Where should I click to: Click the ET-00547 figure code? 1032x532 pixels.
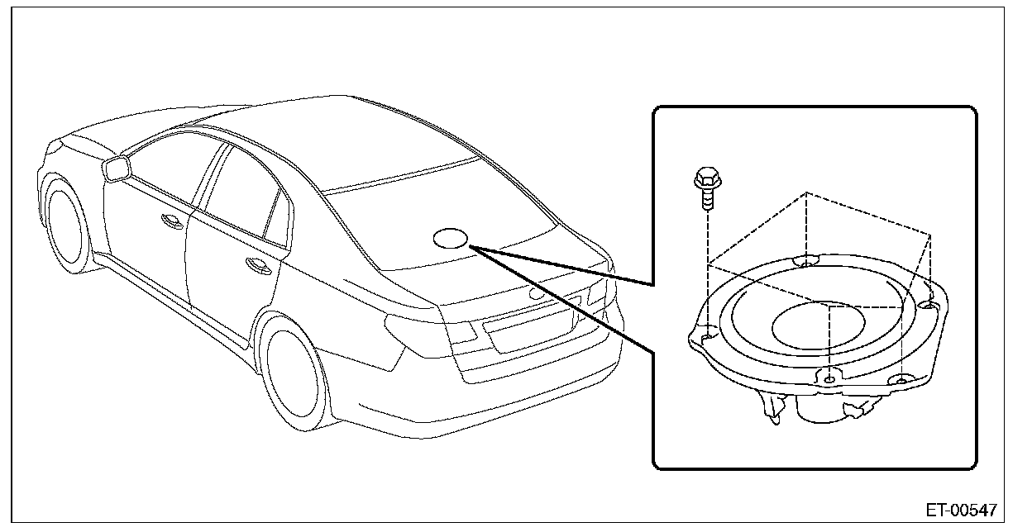961,510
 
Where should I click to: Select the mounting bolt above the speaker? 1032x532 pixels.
705,189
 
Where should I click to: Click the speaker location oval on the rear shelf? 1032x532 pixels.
451,238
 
